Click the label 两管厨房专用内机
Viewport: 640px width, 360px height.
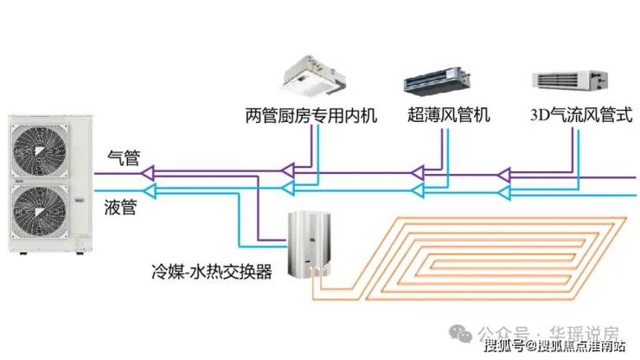[x=311, y=114]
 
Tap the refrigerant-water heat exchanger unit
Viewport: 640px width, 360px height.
[x=315, y=246]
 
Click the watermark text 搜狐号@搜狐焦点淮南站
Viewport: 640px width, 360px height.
[x=554, y=347]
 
